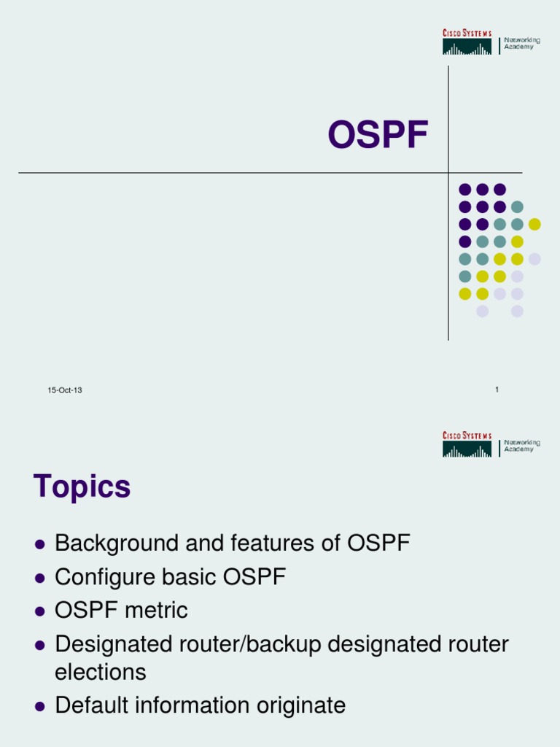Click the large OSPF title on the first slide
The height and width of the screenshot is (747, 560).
pos(377,136)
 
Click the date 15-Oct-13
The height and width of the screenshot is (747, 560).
pos(65,390)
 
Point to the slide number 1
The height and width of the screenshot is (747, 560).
pos(497,390)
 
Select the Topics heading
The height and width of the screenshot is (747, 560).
pos(82,487)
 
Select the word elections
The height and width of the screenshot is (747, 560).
pos(101,672)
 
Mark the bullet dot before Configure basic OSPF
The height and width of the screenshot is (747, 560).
pos(41,578)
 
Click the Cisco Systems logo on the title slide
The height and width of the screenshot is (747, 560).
pos(467,42)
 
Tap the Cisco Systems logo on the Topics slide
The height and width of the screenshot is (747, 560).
pos(467,445)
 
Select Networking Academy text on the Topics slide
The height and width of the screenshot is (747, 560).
pos(521,446)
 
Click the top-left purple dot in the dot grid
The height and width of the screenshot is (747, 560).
pos(464,190)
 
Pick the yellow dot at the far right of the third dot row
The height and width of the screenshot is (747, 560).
pos(534,224)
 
